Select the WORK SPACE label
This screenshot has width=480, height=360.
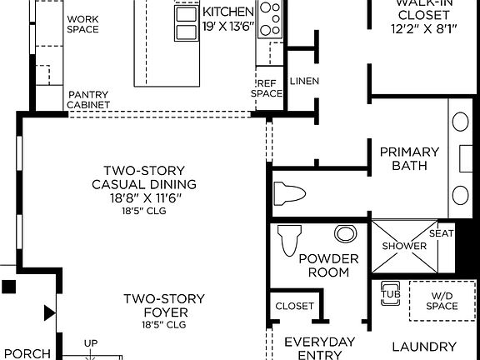click(x=82, y=24)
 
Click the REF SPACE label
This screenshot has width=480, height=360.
click(x=267, y=88)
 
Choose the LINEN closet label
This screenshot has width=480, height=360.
click(x=303, y=81)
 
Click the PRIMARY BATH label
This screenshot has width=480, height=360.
click(x=409, y=158)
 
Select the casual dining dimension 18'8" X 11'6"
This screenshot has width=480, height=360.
click(x=145, y=198)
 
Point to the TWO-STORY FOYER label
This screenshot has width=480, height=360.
click(x=164, y=305)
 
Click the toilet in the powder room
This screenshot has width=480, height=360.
click(x=288, y=239)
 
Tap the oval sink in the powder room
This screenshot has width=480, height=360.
click(x=344, y=233)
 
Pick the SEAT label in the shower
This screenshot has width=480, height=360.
click(x=441, y=233)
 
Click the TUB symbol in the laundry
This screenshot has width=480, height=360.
click(x=389, y=293)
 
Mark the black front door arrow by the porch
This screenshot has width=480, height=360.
click(x=49, y=313)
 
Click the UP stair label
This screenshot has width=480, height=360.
click(x=90, y=342)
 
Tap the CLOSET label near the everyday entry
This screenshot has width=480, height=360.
click(x=294, y=306)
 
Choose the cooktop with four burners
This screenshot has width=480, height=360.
click(x=270, y=19)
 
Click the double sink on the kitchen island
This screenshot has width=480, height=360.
click(x=185, y=23)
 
